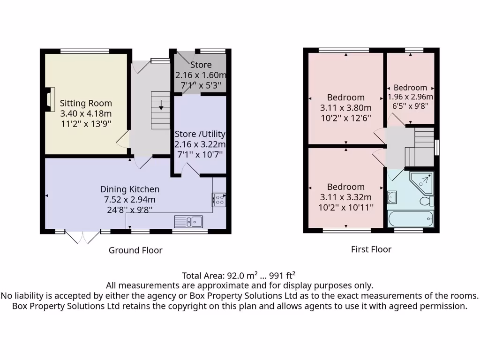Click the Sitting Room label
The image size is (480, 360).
coord(86,103)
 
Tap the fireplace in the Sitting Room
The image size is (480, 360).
coord(49,98)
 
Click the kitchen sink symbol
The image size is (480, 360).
coord(188,221)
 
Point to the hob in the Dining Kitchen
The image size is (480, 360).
coord(219,200)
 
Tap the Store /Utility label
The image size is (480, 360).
coord(200,134)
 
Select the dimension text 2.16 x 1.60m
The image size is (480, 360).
coord(200,75)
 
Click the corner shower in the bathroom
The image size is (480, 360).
coord(421,182)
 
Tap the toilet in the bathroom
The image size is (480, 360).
coord(427,202)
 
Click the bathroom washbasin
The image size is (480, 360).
coord(392,197)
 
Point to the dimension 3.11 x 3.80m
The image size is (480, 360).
coord(346,108)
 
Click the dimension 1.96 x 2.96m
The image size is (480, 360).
coord(411,97)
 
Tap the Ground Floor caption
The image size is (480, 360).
coord(135,250)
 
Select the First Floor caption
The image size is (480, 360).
coord(371,249)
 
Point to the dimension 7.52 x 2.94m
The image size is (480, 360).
coord(130,199)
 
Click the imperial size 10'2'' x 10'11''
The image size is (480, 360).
coord(346,207)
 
